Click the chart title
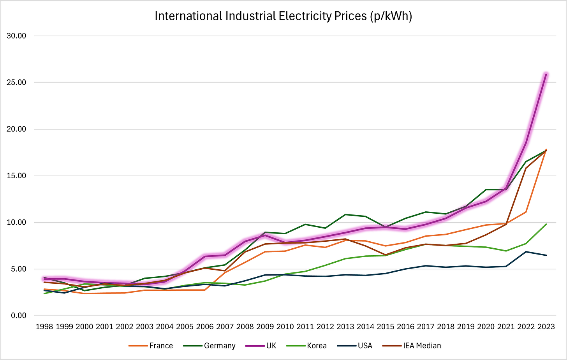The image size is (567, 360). pyautogui.click(x=283, y=16)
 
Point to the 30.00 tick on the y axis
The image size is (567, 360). pyautogui.click(x=16, y=36)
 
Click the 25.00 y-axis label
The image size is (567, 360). pyautogui.click(x=16, y=83)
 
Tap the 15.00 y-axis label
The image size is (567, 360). pyautogui.click(x=16, y=176)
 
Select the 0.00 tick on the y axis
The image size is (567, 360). pyautogui.click(x=18, y=316)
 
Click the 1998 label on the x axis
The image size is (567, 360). pyautogui.click(x=44, y=327)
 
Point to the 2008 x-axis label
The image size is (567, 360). pyautogui.click(x=245, y=327)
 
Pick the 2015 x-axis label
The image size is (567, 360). pyautogui.click(x=386, y=327)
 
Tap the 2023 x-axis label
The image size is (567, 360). pyautogui.click(x=546, y=327)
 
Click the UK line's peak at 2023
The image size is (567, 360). pyautogui.click(x=546, y=74)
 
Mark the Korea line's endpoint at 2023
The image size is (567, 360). pyautogui.click(x=546, y=224)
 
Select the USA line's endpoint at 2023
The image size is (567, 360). pyautogui.click(x=546, y=255)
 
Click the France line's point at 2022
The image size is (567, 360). pyautogui.click(x=526, y=212)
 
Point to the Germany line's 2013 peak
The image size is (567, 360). pyautogui.click(x=345, y=214)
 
